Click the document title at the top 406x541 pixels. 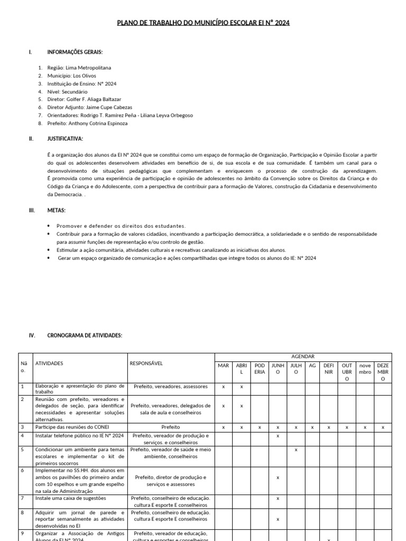coord(203,23)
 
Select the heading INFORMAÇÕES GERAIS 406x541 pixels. coord(75,52)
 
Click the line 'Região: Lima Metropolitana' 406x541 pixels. coord(79,68)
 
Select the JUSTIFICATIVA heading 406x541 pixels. coord(65,138)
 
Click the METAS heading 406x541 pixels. coord(57,210)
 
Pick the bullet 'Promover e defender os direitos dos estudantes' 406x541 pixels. coord(121,226)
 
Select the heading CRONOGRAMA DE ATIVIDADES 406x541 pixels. coord(85,335)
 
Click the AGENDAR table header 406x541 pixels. coord(303,357)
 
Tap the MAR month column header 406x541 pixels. coord(224,365)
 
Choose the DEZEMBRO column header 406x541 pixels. coord(383,372)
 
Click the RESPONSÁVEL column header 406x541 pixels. coord(146,363)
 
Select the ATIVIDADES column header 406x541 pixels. coord(49,363)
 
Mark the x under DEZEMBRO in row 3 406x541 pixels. coord(383,427)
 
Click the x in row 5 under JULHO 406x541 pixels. coord(296,450)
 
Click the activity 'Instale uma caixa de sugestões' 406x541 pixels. coord(70,498)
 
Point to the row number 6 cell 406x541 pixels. coord(22,470)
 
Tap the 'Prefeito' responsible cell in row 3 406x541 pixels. coord(171,427)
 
